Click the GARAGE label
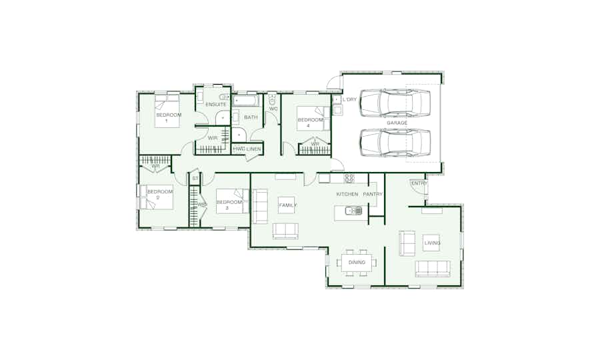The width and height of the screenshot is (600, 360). click(x=397, y=123)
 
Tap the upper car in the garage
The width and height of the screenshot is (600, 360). click(x=395, y=103)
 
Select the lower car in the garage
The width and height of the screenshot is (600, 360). click(x=395, y=142)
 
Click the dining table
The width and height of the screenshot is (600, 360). click(x=357, y=263)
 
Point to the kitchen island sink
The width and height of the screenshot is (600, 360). click(x=353, y=211)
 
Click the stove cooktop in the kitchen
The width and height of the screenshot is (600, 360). click(x=349, y=178)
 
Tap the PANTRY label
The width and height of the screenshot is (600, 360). click(x=373, y=195)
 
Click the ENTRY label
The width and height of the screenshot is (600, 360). click(x=419, y=183)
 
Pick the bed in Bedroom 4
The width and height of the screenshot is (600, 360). click(x=313, y=118)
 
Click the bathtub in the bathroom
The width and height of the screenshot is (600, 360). click(x=246, y=101)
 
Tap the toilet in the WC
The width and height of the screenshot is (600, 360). click(x=272, y=99)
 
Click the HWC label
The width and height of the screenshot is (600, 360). click(x=239, y=149)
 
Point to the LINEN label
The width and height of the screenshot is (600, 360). click(x=254, y=149)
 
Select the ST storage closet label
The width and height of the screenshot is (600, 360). click(x=195, y=179)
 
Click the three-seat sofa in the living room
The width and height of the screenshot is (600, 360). click(x=433, y=269)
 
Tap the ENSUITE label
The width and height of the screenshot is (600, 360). click(x=216, y=105)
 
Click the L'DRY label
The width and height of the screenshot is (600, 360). click(x=349, y=99)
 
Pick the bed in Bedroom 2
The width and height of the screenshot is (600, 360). click(x=156, y=197)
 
